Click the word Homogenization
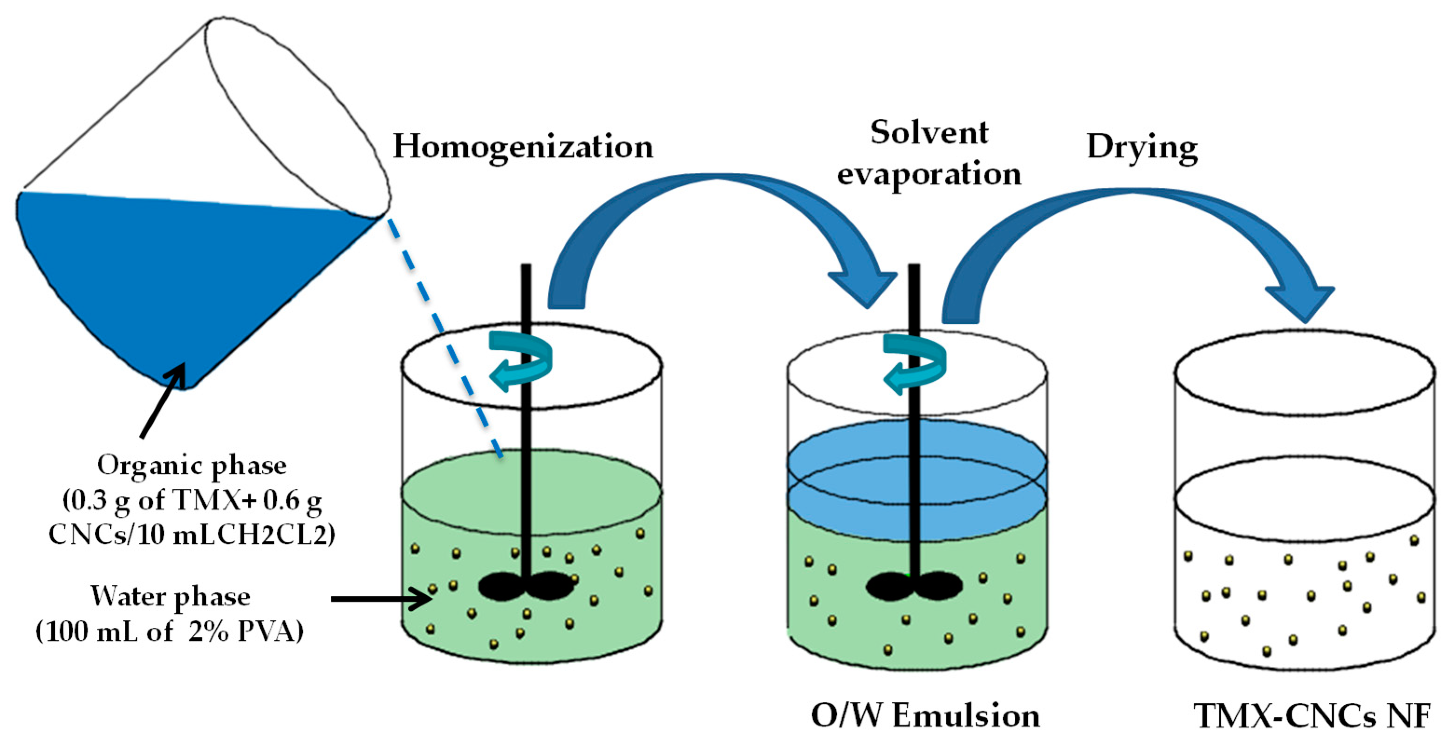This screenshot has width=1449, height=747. point(523,147)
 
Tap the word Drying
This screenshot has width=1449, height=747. point(1141,148)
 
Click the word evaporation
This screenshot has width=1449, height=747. point(929,174)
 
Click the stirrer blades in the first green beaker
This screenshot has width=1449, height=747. point(526,586)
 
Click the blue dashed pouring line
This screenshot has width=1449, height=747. point(444,337)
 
